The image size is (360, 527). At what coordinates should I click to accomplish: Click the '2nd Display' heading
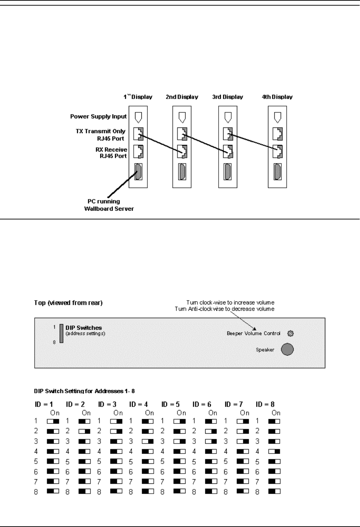click(x=182, y=97)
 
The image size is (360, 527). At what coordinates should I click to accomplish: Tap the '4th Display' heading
click(x=277, y=97)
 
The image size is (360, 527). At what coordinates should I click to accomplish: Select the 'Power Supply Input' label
click(x=99, y=117)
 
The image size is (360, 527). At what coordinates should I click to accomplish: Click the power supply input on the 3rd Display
click(x=228, y=116)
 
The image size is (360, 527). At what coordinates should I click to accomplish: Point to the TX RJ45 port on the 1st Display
click(x=138, y=134)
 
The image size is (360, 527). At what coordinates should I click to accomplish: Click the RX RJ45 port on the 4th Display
click(x=278, y=152)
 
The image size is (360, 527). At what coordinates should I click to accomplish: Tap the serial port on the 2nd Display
click(x=182, y=172)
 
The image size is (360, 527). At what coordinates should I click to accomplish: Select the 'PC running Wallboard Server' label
click(x=109, y=205)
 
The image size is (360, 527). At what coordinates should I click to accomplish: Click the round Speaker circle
click(x=287, y=349)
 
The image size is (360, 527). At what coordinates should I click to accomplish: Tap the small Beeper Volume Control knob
click(x=290, y=333)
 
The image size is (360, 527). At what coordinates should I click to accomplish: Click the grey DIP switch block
click(x=61, y=333)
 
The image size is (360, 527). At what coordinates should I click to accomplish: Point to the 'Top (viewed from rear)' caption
click(x=68, y=303)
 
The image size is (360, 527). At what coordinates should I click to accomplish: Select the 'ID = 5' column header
click(x=171, y=404)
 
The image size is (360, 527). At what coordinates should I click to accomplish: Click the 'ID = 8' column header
click(x=265, y=404)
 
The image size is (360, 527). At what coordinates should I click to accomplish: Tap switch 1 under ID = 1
click(x=53, y=421)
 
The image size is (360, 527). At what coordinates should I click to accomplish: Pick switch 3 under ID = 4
click(x=148, y=441)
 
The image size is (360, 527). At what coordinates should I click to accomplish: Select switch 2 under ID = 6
click(x=211, y=431)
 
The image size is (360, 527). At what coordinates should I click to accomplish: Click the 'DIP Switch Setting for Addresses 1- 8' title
click(x=84, y=390)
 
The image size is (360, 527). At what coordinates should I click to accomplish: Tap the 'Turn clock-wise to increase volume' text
click(x=230, y=302)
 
